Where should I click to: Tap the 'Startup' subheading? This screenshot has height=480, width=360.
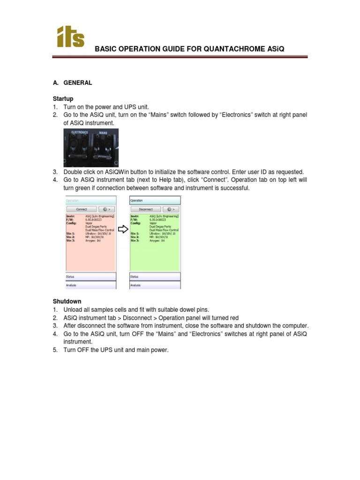(62, 99)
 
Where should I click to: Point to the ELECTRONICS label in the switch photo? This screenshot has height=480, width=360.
(79, 133)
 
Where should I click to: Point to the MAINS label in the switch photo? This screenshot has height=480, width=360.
(104, 133)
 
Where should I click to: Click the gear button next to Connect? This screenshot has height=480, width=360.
(106, 210)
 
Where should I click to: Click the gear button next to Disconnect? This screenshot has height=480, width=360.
(171, 210)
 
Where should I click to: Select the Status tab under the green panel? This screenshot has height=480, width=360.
(135, 277)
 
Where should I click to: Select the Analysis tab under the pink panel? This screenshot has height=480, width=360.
(71, 285)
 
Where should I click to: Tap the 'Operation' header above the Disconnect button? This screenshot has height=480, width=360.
(136, 200)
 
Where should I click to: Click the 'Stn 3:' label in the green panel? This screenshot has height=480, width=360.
(135, 240)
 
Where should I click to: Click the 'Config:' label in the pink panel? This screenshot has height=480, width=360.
(70, 223)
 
